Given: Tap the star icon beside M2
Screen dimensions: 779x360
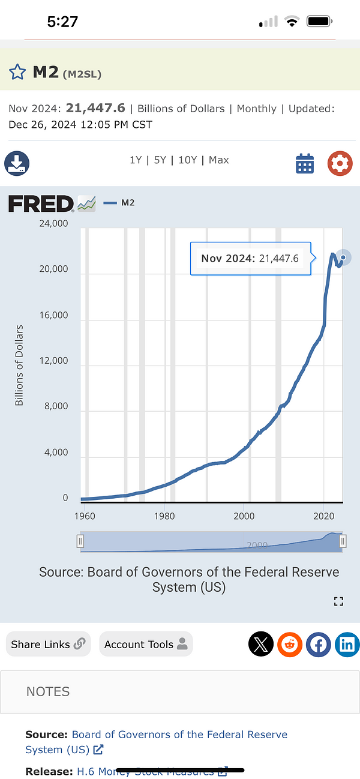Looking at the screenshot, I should [x=17, y=73].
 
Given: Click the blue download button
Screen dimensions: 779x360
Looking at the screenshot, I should [x=17, y=163].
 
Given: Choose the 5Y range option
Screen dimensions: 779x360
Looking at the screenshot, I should [x=160, y=160].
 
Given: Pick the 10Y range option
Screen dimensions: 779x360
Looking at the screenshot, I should [x=187, y=160].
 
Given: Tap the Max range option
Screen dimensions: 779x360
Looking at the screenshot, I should [x=219, y=160].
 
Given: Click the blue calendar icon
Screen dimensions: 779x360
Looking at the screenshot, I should [x=305, y=163].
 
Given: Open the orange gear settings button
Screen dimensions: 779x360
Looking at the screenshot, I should [x=340, y=163].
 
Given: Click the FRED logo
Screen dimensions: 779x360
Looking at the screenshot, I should [x=41, y=203].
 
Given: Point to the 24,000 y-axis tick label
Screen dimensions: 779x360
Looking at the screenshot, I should [x=54, y=224].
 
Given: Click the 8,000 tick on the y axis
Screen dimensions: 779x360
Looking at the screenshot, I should [x=56, y=406].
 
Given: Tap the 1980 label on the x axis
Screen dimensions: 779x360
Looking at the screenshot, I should [x=164, y=516].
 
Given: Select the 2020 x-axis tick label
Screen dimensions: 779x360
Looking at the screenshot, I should [x=324, y=516].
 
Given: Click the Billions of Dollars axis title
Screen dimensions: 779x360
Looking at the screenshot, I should [x=19, y=365].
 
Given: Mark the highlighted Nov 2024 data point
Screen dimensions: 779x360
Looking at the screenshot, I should [x=343, y=257].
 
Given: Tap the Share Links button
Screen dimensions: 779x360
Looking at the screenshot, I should [x=48, y=644].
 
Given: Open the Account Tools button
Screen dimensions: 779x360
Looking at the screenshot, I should [x=146, y=644].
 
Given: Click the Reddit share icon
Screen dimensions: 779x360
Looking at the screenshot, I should [x=290, y=645].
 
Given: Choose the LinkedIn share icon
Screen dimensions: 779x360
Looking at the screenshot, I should [x=347, y=645].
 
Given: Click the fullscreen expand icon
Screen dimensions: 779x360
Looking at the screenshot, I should [x=338, y=601].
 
